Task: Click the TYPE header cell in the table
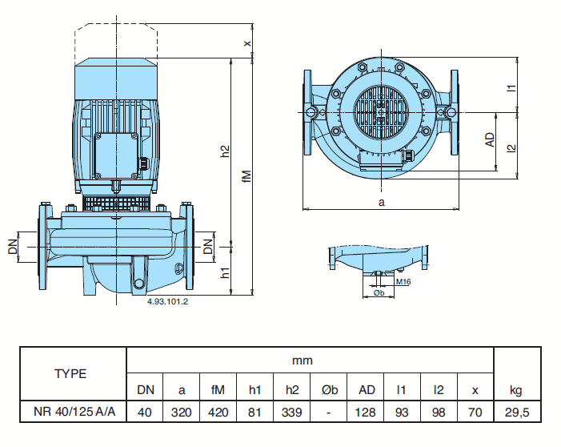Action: tap(70, 373)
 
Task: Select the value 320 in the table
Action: tap(182, 412)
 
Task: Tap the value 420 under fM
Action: tap(218, 412)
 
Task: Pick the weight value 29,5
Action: tap(516, 412)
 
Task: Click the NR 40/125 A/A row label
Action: tap(74, 412)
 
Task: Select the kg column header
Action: tap(516, 390)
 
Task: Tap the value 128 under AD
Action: tap(366, 412)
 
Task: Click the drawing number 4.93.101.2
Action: tap(167, 301)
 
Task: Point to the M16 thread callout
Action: tap(403, 282)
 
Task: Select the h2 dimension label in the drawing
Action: tap(226, 150)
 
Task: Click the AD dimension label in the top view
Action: tap(490, 141)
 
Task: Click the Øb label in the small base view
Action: tap(380, 293)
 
